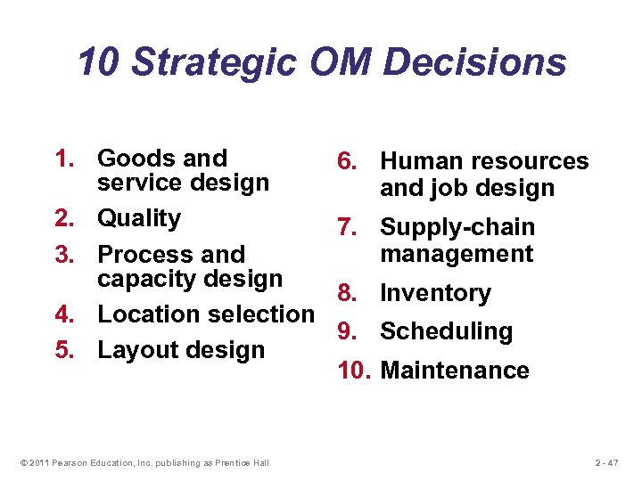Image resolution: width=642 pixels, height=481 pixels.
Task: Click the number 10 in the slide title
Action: [96, 63]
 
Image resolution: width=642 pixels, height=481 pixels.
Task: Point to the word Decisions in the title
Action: [475, 63]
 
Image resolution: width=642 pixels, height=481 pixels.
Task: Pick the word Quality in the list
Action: [139, 218]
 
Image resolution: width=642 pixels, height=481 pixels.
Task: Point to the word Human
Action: [423, 161]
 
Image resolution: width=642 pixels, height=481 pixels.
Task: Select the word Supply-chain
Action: [457, 228]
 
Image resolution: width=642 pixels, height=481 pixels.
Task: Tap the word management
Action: [457, 254]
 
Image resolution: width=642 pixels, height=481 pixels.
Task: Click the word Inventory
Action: [435, 293]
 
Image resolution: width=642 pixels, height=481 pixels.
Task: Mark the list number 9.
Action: [347, 331]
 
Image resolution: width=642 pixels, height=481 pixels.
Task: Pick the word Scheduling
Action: [446, 331]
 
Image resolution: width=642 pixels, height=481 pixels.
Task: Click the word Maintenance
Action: [455, 371]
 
